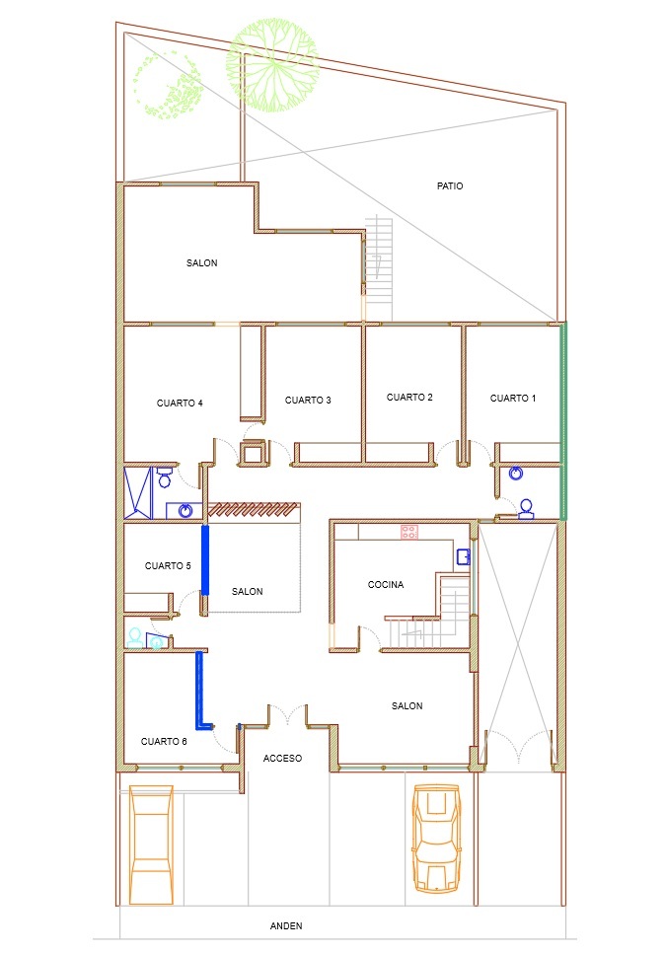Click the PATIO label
pos(450,186)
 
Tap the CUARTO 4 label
pos(180,403)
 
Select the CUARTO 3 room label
pos(308,400)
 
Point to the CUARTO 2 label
pos(409,397)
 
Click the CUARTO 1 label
pos(513,398)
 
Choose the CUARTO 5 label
pos(168,566)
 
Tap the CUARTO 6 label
pos(164,741)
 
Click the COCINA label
pos(386,585)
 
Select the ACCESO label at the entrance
pos(282,758)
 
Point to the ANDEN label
pos(286,925)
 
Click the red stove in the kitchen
pos(408,533)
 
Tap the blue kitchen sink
pos(464,556)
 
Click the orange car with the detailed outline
pos(436,838)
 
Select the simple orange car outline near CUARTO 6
pos(151,837)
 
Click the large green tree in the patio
pos(272,65)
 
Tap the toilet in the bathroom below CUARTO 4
pos(164,477)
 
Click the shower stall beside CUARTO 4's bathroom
pos(138,493)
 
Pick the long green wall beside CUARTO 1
pos(563,421)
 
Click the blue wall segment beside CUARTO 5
pos(205,559)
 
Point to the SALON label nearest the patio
pos(202,262)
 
